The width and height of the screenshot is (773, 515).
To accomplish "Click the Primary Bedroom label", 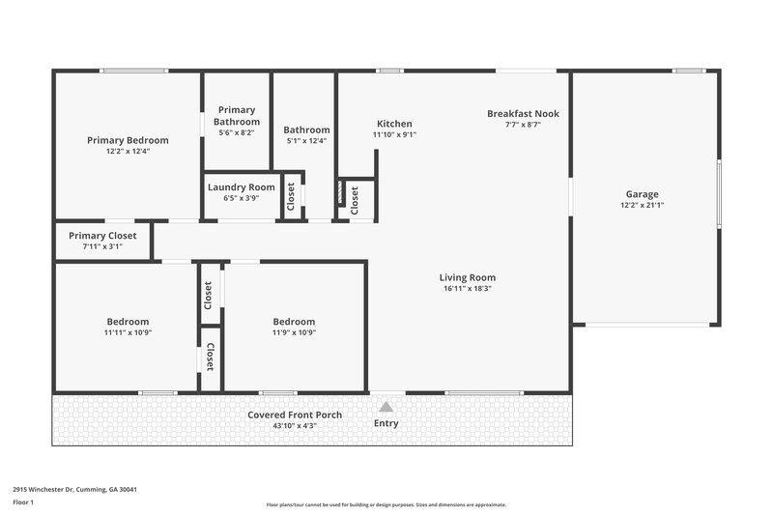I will [x=128, y=140].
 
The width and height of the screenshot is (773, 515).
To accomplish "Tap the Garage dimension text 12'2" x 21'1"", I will [x=642, y=205].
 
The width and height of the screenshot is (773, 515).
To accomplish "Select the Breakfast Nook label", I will [x=523, y=113].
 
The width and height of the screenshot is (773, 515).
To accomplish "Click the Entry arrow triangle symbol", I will [x=386, y=407].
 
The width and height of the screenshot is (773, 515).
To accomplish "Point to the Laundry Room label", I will [x=241, y=186].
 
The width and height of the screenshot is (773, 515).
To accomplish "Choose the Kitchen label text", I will [x=394, y=124].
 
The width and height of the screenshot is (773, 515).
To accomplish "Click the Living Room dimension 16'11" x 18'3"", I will [x=469, y=289].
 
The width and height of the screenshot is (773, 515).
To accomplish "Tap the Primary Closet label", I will [x=102, y=236].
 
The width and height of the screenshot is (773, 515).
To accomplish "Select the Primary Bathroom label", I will [x=237, y=116].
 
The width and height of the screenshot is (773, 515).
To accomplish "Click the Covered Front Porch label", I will [x=295, y=415].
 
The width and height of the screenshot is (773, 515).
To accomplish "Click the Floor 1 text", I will [x=24, y=502].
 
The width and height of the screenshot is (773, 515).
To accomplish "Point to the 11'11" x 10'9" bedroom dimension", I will [x=128, y=332].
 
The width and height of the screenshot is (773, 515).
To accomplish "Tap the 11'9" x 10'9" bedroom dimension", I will [x=294, y=332].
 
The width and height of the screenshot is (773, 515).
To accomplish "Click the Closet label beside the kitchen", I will [x=355, y=200].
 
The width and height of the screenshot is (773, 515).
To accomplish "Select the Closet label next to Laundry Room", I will [x=291, y=196].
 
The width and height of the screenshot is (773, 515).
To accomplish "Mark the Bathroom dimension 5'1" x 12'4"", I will [x=306, y=141].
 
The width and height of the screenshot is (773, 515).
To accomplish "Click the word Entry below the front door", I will [x=386, y=423].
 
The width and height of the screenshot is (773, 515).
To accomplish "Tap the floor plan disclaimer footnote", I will [x=386, y=504].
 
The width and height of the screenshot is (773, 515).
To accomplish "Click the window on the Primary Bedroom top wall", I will [x=128, y=70].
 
